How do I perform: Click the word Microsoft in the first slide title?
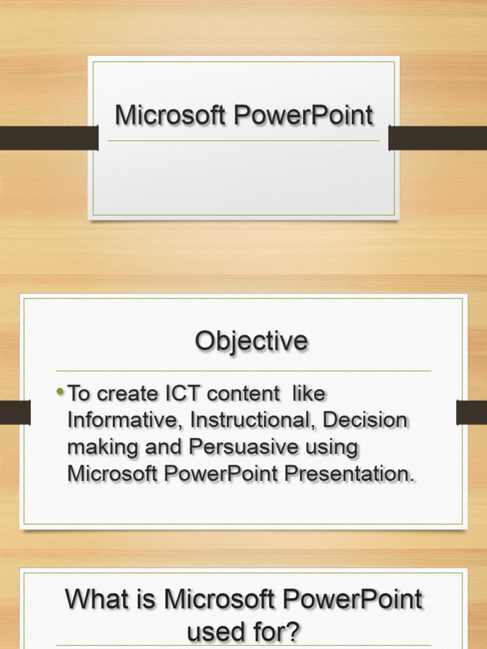(x=170, y=116)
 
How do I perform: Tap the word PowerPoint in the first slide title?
(x=303, y=116)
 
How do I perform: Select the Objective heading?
(x=251, y=342)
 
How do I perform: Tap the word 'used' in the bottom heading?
(x=216, y=632)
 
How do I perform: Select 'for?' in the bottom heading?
(x=275, y=632)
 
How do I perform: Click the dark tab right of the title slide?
(x=438, y=138)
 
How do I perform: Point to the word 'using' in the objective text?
(x=332, y=447)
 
